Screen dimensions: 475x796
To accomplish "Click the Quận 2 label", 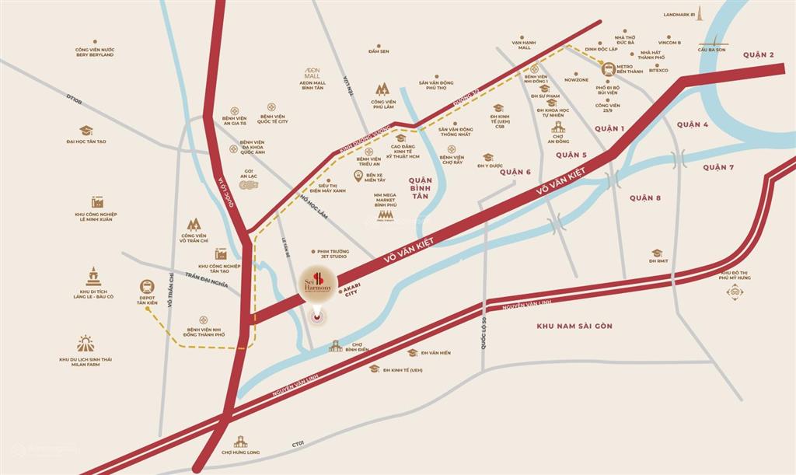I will pos(758,54).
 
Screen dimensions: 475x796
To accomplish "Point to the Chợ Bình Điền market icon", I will pos(335,345).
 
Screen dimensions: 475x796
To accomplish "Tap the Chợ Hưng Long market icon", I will pos(240,442).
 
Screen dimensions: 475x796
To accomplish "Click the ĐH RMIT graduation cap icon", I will pos(657,253).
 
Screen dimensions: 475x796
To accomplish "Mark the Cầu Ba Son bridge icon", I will pos(711,43).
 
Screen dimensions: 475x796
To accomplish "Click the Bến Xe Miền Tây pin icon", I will pos(358,176).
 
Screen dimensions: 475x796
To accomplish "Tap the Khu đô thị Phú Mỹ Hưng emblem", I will pos(734,292).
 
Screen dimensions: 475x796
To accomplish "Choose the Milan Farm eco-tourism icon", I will pos(86,343).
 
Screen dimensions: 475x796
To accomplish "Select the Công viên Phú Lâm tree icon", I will pos(382,89).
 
